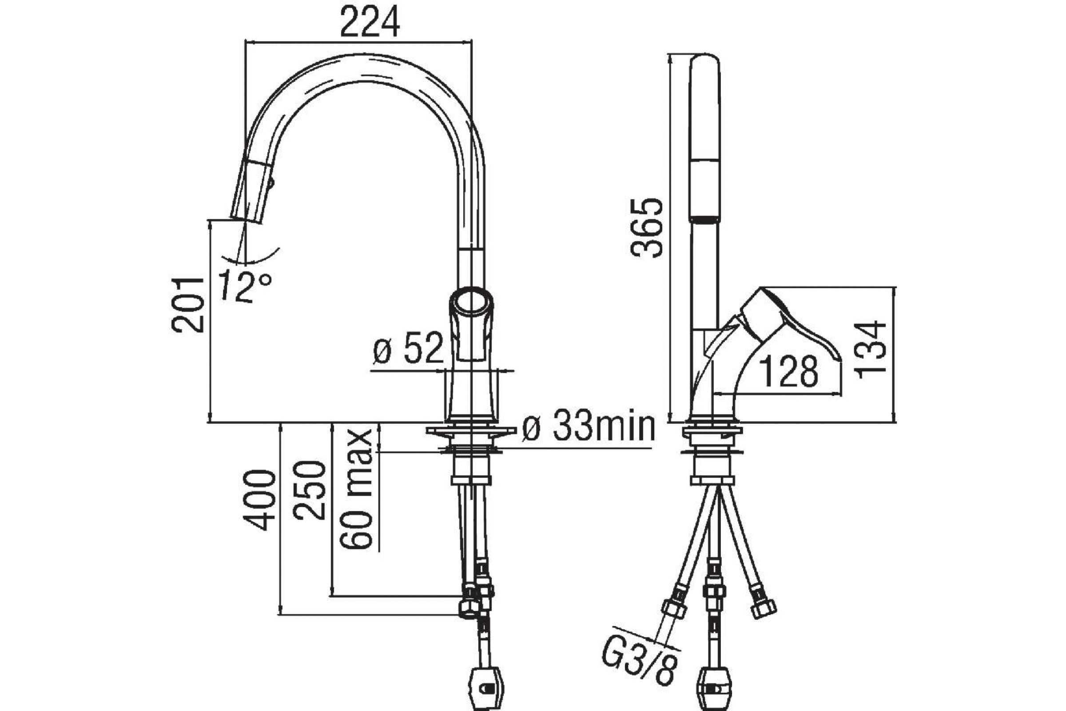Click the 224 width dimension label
click(370, 21)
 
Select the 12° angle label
click(245, 287)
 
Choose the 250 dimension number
click(309, 490)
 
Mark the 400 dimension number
click(260, 500)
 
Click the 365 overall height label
click(647, 228)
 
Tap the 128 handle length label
click(789, 371)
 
